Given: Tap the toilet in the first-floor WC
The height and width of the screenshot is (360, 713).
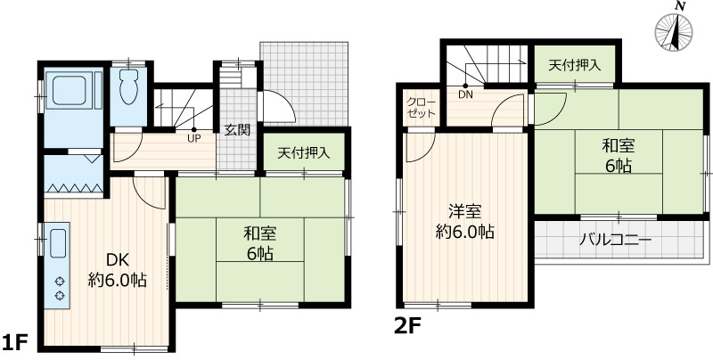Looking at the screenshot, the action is [x=129, y=86].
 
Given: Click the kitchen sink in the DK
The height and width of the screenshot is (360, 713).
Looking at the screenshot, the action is [x=58, y=243].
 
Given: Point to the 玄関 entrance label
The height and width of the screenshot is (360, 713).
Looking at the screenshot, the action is [x=237, y=130].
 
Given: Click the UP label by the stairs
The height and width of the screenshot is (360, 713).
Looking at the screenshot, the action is [x=194, y=139].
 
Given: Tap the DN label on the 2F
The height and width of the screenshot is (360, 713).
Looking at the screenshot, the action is [x=465, y=95].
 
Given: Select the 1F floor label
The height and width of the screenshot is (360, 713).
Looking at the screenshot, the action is [x=15, y=342].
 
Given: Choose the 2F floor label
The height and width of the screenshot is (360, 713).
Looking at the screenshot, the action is [x=408, y=326].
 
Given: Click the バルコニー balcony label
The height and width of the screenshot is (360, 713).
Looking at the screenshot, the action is [x=615, y=240].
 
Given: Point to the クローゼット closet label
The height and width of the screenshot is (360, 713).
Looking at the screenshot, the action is [x=421, y=108].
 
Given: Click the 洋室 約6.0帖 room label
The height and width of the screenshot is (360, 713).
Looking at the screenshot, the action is [x=464, y=222].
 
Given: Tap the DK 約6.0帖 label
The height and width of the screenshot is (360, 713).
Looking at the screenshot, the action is [x=118, y=270].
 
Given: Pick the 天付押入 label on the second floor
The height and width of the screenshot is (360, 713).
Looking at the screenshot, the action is [x=575, y=65].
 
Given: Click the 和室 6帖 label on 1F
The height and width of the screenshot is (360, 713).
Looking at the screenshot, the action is [x=260, y=244].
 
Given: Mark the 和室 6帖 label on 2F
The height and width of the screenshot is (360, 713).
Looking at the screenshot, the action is [x=618, y=156].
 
